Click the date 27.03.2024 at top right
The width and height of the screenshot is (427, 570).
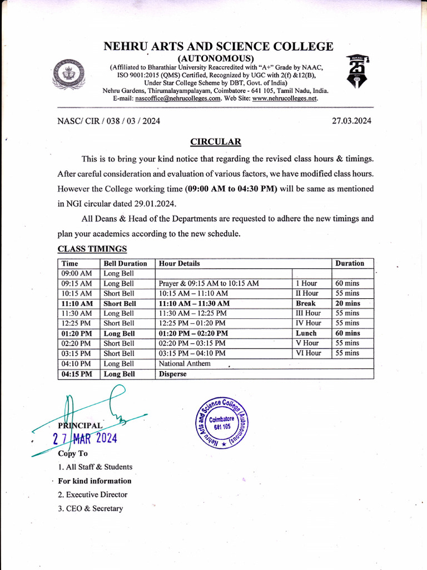(x=351, y=120)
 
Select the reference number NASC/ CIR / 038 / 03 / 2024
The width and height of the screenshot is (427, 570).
(x=108, y=120)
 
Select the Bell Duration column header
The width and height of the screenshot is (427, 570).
(x=125, y=263)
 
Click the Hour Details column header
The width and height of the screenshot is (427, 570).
(x=179, y=263)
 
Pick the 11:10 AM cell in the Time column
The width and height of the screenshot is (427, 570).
(x=77, y=303)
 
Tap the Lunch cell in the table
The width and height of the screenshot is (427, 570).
(x=306, y=333)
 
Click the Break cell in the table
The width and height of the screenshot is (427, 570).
(x=306, y=303)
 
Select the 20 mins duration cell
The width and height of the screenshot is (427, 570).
(x=347, y=303)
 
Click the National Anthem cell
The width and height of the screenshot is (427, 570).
(x=185, y=363)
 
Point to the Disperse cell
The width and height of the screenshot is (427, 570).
(x=173, y=374)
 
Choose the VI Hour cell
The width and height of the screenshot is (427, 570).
(x=309, y=353)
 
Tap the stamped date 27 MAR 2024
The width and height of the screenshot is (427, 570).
(x=85, y=438)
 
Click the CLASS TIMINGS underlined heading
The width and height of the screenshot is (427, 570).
(x=92, y=249)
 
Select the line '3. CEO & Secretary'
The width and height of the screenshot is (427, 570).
(x=90, y=508)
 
